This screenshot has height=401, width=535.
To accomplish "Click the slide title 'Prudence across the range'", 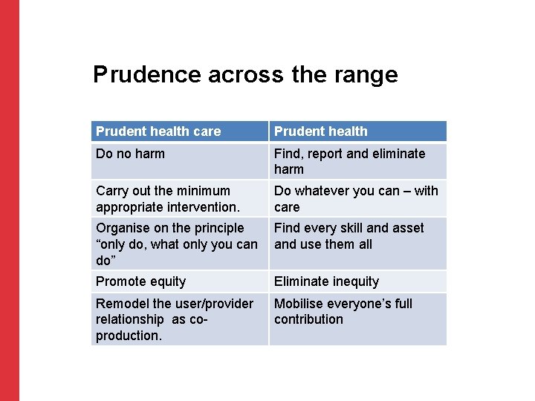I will click(245, 74).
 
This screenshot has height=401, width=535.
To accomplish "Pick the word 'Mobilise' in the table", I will click(299, 304).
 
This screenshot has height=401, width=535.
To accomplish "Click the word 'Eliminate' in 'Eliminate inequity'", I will click(302, 281).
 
